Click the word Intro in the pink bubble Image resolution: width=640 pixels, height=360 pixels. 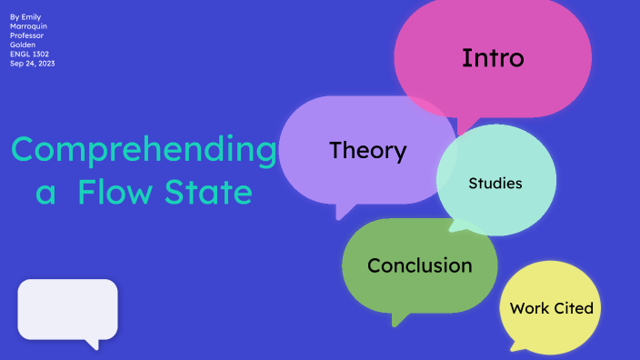tap(493, 58)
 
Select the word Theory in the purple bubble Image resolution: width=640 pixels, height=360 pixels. tap(367, 150)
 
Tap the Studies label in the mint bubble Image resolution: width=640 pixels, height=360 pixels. tap(495, 184)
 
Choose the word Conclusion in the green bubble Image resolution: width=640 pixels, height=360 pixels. tap(419, 265)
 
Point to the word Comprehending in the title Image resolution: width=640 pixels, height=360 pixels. tap(144, 150)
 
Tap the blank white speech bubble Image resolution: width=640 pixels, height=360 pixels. tap(67, 309)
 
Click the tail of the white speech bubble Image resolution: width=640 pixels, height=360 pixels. tap(91, 344)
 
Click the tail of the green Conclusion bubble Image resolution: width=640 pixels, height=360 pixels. tap(396, 318)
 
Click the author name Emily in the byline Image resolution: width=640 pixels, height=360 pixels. tap(31, 17)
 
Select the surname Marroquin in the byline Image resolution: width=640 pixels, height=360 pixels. tap(28, 26)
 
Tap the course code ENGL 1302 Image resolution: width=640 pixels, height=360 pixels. tap(29, 54)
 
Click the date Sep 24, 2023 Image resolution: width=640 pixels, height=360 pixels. tap(33, 63)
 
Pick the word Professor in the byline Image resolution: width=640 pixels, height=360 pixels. tap(26, 35)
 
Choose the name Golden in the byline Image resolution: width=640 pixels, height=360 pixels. tap(23, 45)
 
